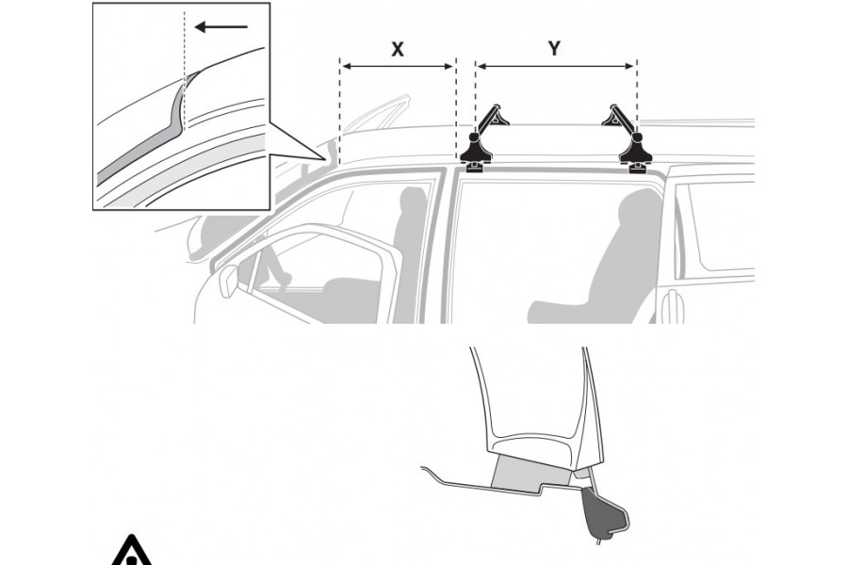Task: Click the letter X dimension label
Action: (398, 49)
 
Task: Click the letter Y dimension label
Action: (554, 48)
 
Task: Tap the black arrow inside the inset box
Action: (220, 26)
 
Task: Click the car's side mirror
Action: (228, 281)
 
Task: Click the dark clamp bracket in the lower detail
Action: (604, 509)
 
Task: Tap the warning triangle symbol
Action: (131, 552)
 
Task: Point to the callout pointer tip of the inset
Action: (326, 159)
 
